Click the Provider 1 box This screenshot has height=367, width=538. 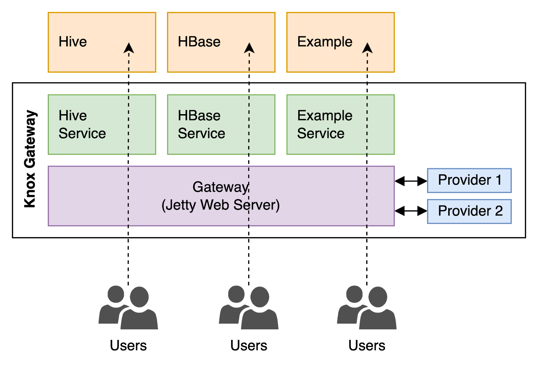pos(469,180)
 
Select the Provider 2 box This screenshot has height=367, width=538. pos(469,211)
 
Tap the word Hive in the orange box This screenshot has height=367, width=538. pos(73,42)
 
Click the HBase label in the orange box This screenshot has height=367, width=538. pos(199,42)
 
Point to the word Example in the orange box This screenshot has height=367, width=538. pos(324,42)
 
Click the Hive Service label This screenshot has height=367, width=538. pos(82,125)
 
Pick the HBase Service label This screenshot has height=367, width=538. pos(201,125)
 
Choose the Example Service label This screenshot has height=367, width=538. pos(324,125)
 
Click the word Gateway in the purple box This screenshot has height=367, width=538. pos(220,187)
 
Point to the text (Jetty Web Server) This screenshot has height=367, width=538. pos(220,205)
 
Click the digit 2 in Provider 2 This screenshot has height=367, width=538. pos(499,211)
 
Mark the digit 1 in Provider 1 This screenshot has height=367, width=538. pos(499,180)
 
